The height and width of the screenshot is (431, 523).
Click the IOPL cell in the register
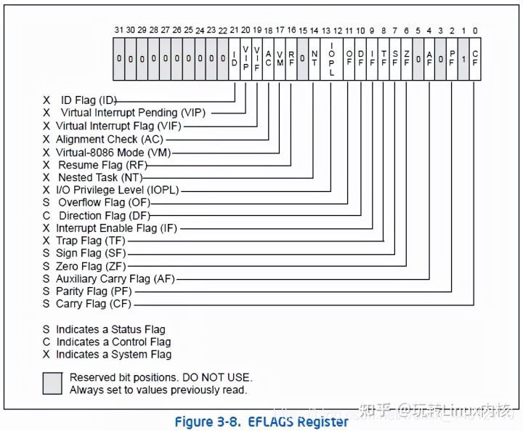tap(331, 58)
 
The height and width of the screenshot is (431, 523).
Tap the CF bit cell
tap(474, 58)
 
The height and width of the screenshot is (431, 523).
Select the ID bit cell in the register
tap(233, 58)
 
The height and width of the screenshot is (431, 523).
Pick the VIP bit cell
tap(245, 58)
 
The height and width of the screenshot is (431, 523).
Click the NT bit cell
tap(314, 58)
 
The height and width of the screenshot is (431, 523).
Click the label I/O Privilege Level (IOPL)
tap(117, 190)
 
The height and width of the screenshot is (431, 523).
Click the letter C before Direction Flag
tap(46, 216)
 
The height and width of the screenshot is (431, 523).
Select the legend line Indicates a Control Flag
tap(113, 342)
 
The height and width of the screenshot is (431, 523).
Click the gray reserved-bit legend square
tap(52, 383)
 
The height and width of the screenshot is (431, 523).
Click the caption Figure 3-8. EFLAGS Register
tap(261, 421)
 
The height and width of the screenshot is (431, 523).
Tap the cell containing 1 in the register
tap(463, 58)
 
